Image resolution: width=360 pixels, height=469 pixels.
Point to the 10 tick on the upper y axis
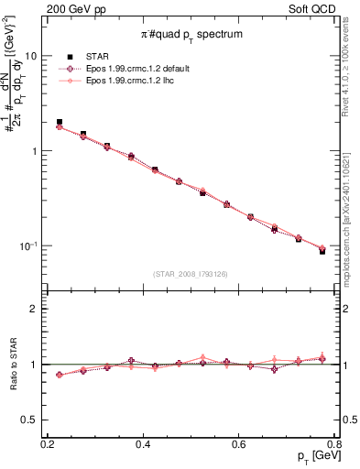(33, 56)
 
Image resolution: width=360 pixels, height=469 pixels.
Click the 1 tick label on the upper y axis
(36, 151)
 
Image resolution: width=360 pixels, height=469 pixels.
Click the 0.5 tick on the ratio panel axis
(31, 420)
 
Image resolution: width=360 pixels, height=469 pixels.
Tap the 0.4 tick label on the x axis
(143, 444)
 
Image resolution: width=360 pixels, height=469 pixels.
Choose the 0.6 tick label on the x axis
(239, 444)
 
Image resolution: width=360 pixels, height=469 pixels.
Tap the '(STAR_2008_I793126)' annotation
(191, 274)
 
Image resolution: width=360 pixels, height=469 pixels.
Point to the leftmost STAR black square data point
(60, 122)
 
